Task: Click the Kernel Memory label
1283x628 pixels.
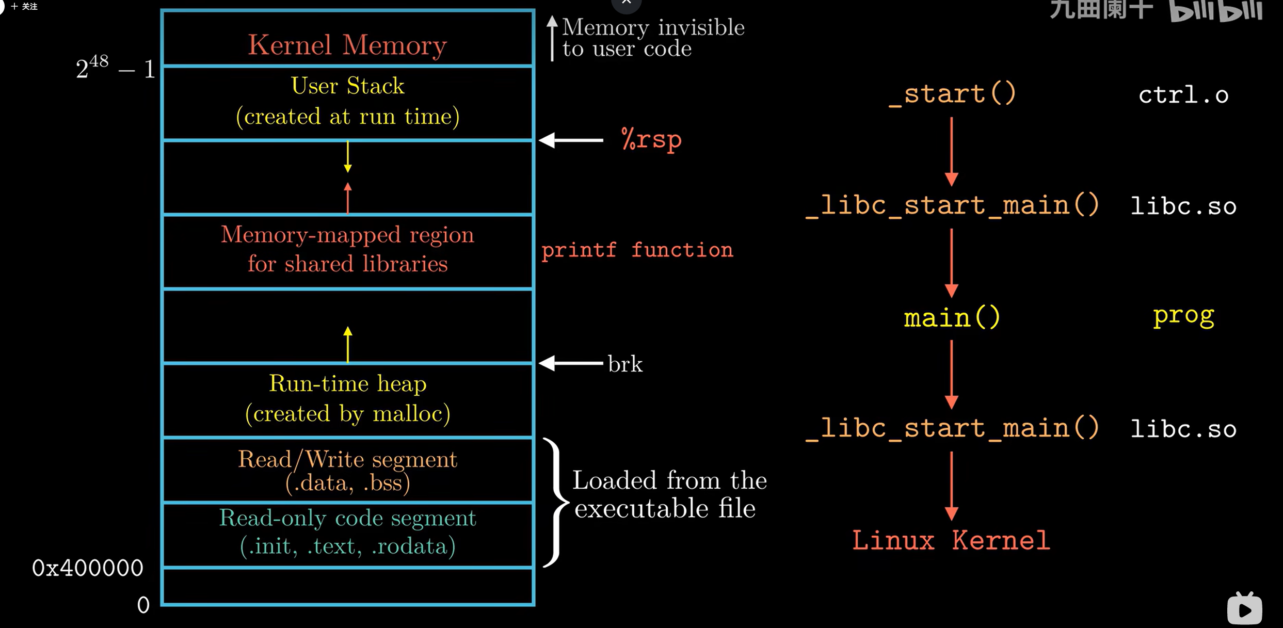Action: pos(347,45)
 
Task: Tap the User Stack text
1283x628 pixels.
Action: pos(347,86)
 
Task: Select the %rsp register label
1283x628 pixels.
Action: pos(651,139)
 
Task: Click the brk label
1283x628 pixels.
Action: pos(625,364)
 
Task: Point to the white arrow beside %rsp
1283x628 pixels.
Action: pos(571,140)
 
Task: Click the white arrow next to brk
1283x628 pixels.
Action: pos(571,363)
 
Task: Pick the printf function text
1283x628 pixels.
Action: pos(637,250)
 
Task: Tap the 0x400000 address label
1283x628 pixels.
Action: pos(87,568)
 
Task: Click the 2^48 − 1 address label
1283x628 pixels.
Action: pos(115,69)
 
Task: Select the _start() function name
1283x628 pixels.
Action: pos(952,94)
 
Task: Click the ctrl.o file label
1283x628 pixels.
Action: pos(1183,95)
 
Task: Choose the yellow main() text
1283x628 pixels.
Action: pos(952,317)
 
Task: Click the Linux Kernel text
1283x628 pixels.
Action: pos(951,541)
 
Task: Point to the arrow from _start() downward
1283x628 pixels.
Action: pos(952,151)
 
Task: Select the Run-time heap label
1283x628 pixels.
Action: pos(347,384)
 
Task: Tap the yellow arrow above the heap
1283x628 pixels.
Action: pos(348,344)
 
